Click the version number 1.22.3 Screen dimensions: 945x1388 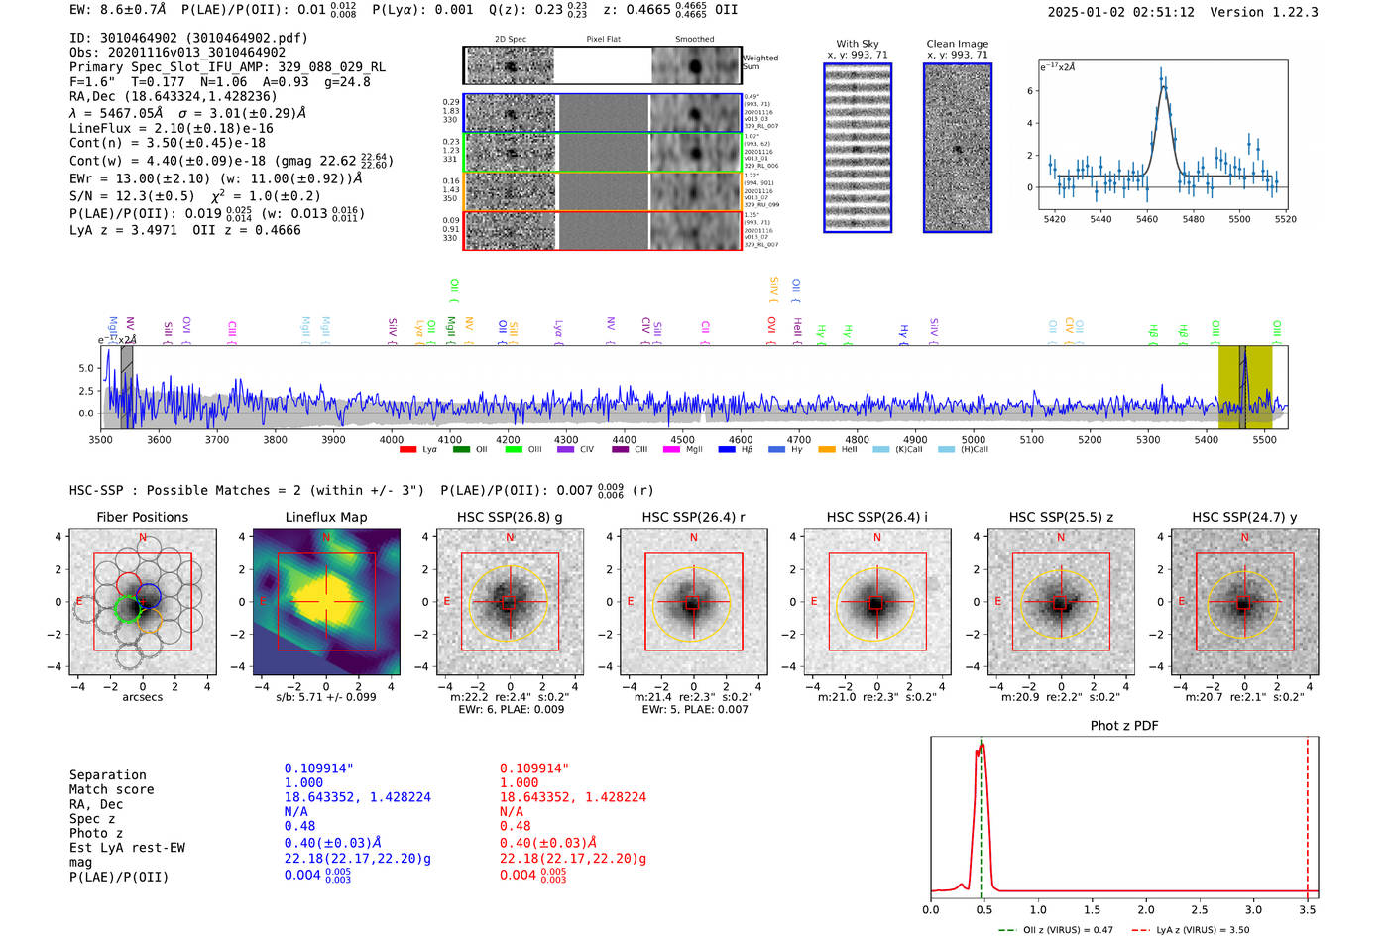pos(1287,12)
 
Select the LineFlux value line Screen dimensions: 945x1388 pos(171,128)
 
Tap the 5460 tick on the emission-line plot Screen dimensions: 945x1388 pos(1147,219)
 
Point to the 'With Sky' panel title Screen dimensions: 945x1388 pos(858,44)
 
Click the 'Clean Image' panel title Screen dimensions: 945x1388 pos(958,44)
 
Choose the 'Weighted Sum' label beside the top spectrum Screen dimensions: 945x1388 pos(760,62)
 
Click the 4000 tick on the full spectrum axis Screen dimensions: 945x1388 pos(392,440)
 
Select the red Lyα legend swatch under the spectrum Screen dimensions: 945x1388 pos(407,450)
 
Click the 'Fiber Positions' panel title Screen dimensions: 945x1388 pos(142,517)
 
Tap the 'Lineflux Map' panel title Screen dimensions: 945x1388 pos(326,517)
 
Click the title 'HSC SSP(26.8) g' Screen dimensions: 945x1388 pos(510,517)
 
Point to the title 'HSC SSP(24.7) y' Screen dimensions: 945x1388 pos(1244,517)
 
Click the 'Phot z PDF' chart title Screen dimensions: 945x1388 pos(1124,725)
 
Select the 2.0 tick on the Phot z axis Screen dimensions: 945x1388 pos(1146,909)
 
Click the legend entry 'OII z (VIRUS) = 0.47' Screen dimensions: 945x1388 pos(1056,930)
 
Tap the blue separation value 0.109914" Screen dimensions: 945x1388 pos(318,768)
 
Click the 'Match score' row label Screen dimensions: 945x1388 pos(111,789)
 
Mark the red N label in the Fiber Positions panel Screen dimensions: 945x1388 pos(143,538)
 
